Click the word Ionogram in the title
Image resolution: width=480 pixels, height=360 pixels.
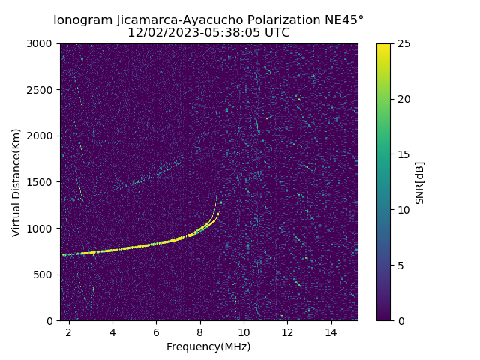(81, 19)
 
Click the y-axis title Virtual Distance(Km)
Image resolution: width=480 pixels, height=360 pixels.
(16, 182)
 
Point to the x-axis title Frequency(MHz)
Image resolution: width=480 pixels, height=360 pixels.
(208, 346)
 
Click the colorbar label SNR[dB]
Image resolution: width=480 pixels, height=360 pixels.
(420, 182)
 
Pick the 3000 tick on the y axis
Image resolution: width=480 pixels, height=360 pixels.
(42, 44)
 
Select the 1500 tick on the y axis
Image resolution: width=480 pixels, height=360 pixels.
(42, 182)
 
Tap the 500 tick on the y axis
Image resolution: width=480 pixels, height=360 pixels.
(45, 274)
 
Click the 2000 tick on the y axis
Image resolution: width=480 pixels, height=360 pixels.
(42, 136)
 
